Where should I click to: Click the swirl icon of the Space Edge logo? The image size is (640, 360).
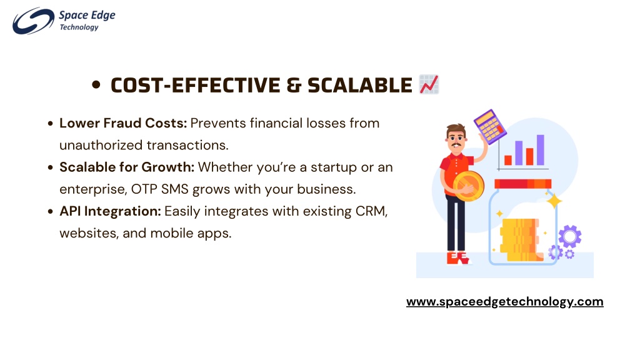point(33,21)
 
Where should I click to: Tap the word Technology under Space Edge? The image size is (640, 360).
point(79,27)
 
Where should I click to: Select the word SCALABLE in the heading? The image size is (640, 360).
point(359,85)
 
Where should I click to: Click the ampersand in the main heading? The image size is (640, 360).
point(294,85)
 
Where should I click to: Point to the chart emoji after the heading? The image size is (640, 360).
point(429,84)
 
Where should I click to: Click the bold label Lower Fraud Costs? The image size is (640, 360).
point(123,123)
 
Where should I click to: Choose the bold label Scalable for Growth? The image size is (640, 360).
point(126,167)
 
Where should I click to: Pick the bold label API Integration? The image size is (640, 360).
point(110,211)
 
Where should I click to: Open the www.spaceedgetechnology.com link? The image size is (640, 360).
point(504,302)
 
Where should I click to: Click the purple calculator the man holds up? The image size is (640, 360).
point(490,126)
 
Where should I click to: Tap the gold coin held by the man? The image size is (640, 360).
point(469,186)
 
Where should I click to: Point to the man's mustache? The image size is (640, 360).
point(456,144)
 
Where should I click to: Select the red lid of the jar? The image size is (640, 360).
point(523,184)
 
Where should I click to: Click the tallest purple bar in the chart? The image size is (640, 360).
point(540,150)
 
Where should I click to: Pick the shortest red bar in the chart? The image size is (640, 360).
point(508,160)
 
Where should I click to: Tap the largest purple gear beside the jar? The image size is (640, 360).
point(570,236)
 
